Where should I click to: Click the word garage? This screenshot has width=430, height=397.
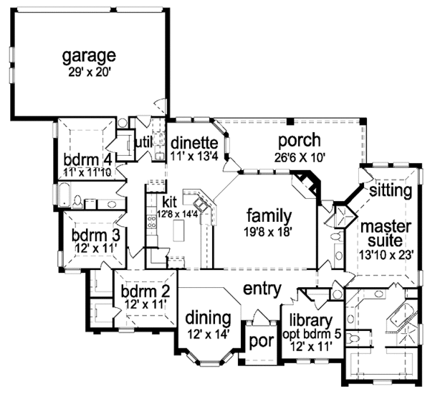point(89,55)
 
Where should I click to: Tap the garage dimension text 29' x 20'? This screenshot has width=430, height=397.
point(89,71)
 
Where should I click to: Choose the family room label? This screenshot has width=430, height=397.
point(269,215)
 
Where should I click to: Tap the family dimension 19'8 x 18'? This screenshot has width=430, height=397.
point(269,231)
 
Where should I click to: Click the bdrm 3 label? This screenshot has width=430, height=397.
point(95,235)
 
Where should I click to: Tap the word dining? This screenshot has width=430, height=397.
point(208,317)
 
